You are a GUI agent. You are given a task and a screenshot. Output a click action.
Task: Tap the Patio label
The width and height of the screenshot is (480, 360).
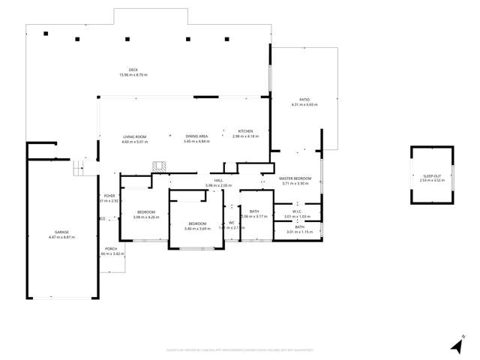[304, 100]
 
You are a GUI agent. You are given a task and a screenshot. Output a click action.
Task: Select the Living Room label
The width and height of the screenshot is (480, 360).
[135, 136]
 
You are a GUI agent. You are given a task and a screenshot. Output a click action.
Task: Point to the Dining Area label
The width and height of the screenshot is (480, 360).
[196, 136]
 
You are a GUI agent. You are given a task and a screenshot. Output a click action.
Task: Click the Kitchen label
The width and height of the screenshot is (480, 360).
[245, 131]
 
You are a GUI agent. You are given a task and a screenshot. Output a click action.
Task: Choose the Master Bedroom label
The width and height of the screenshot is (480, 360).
[295, 178]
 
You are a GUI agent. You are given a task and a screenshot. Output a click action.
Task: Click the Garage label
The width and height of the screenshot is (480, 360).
[61, 232]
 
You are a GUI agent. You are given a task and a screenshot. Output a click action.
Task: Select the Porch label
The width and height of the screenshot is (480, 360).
[110, 248]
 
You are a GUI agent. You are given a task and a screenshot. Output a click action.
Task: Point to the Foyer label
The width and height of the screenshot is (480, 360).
[109, 196]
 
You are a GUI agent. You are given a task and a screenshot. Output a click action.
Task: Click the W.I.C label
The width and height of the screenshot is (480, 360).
[297, 211]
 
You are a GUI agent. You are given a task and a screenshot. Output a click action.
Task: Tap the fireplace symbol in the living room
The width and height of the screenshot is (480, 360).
[158, 166]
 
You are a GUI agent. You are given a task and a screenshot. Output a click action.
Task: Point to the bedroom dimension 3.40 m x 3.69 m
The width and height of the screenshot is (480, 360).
[197, 229]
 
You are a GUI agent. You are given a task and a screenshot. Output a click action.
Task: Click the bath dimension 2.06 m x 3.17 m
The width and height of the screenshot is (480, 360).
[254, 216]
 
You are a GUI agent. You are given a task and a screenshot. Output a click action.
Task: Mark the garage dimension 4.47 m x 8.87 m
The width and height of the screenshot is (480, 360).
[61, 237]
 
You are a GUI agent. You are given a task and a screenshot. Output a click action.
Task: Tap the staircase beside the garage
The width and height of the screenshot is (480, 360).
[80, 167]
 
